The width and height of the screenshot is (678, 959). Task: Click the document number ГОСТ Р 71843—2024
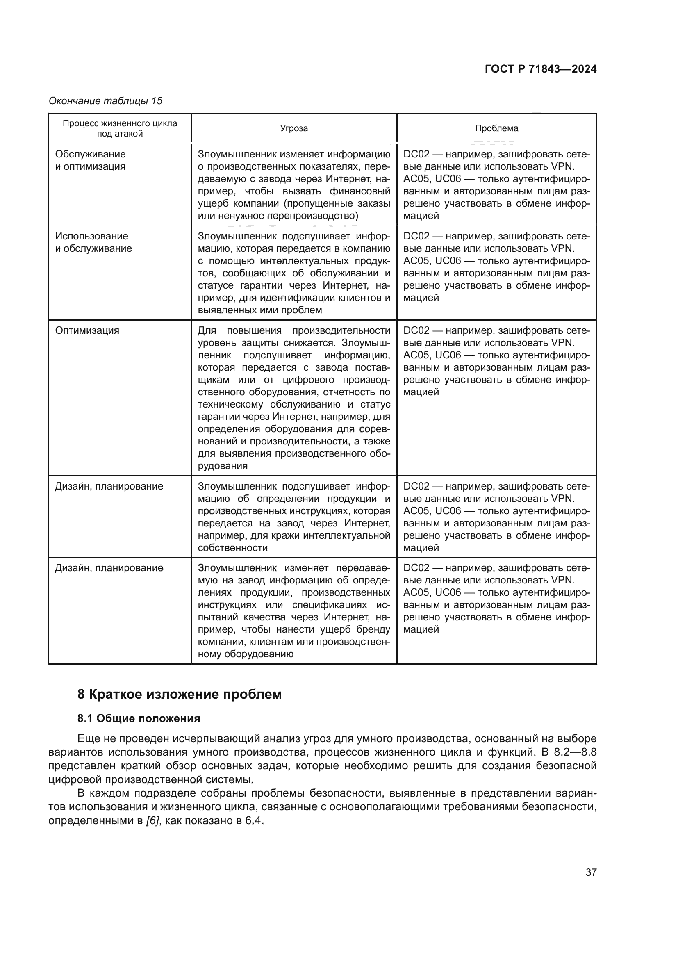(x=541, y=69)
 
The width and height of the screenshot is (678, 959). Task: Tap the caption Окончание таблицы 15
(x=106, y=101)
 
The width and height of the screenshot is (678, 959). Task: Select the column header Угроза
(x=294, y=128)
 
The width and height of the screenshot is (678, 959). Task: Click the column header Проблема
(x=496, y=128)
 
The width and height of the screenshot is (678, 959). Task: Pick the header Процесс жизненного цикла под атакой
(x=120, y=128)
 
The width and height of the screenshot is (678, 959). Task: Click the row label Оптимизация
(x=87, y=330)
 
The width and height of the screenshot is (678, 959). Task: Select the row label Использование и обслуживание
(x=93, y=242)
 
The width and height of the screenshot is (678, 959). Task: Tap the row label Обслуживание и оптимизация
(x=90, y=160)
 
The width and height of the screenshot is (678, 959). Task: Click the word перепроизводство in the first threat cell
(x=311, y=216)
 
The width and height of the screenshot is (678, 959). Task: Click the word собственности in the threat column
(x=232, y=548)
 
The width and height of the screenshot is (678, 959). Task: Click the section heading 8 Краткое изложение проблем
(x=180, y=695)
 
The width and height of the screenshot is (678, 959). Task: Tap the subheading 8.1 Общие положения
(x=139, y=718)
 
